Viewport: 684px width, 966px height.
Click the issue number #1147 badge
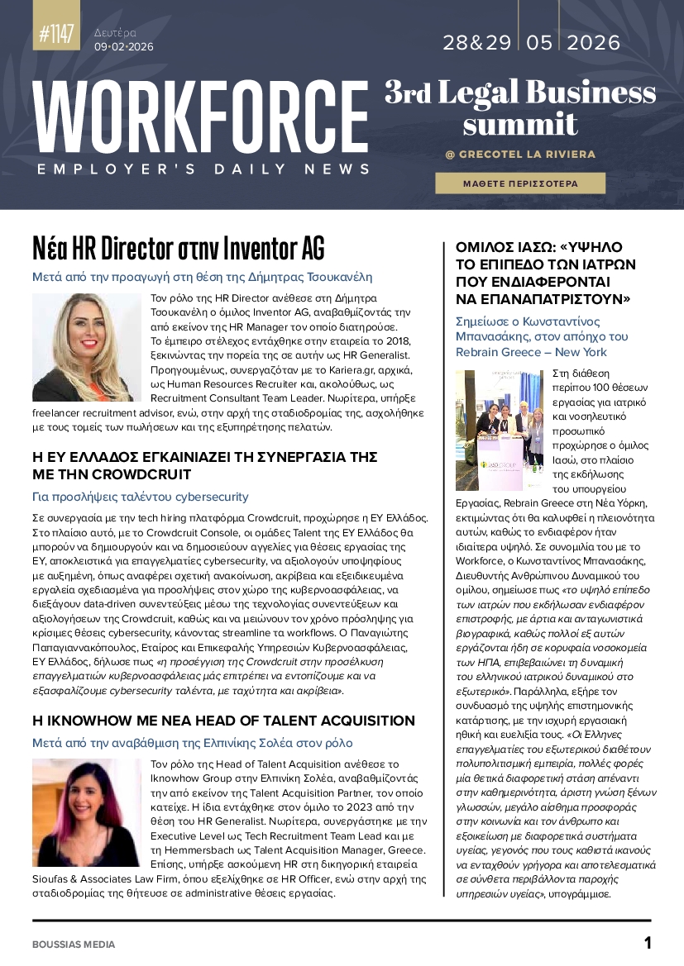[56, 34]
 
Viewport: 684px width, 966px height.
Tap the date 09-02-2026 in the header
[123, 47]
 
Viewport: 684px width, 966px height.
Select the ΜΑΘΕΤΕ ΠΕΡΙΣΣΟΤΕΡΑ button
[520, 183]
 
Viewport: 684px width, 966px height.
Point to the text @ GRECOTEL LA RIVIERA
[519, 155]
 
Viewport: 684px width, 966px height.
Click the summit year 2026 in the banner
[593, 43]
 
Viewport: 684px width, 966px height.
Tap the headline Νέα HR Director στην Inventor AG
[179, 247]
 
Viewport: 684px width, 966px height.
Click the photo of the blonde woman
[87, 347]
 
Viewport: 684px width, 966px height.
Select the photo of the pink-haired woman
[86, 812]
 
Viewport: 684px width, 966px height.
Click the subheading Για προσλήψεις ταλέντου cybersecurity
[140, 497]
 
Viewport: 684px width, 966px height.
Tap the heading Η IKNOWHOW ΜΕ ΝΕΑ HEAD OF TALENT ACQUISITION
[223, 721]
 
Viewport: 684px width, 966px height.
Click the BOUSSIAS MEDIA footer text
[74, 944]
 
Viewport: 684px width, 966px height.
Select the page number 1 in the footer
[648, 943]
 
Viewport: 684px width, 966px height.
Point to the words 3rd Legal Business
[519, 93]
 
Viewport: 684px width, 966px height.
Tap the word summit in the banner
[519, 123]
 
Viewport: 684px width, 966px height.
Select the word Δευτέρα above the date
[115, 33]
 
